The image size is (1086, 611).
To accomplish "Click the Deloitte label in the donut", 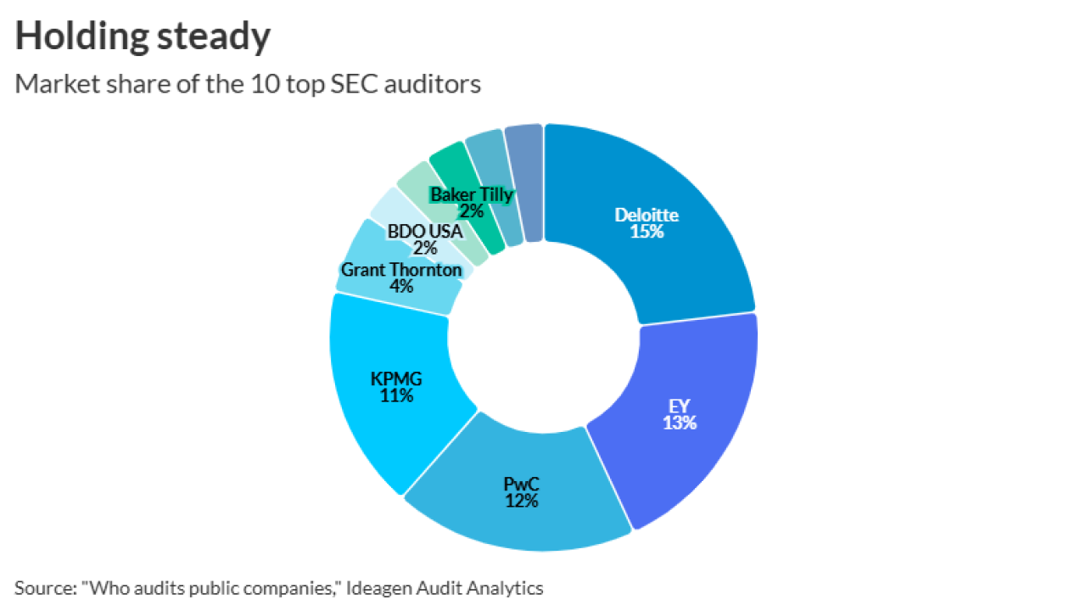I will [x=647, y=215].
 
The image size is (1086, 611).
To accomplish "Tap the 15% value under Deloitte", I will [x=647, y=231].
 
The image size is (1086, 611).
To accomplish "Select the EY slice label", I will [x=679, y=406].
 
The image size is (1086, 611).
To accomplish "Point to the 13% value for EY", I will [x=679, y=423].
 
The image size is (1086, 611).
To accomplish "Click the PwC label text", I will [x=521, y=484].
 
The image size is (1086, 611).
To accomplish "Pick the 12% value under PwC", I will [x=521, y=501].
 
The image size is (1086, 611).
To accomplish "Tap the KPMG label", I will [x=396, y=378].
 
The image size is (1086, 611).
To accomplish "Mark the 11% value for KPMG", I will [x=396, y=395].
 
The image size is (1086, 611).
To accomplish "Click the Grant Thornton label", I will [x=401, y=270].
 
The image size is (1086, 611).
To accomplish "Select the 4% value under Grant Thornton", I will [x=401, y=287].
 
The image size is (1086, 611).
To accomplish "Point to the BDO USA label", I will [x=425, y=231].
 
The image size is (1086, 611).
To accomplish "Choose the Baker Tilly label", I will [x=472, y=194].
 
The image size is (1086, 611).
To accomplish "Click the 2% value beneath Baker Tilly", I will [x=472, y=211].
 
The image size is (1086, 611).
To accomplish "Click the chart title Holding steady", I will [x=143, y=36].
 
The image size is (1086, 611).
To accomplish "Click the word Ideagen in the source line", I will [x=384, y=587].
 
